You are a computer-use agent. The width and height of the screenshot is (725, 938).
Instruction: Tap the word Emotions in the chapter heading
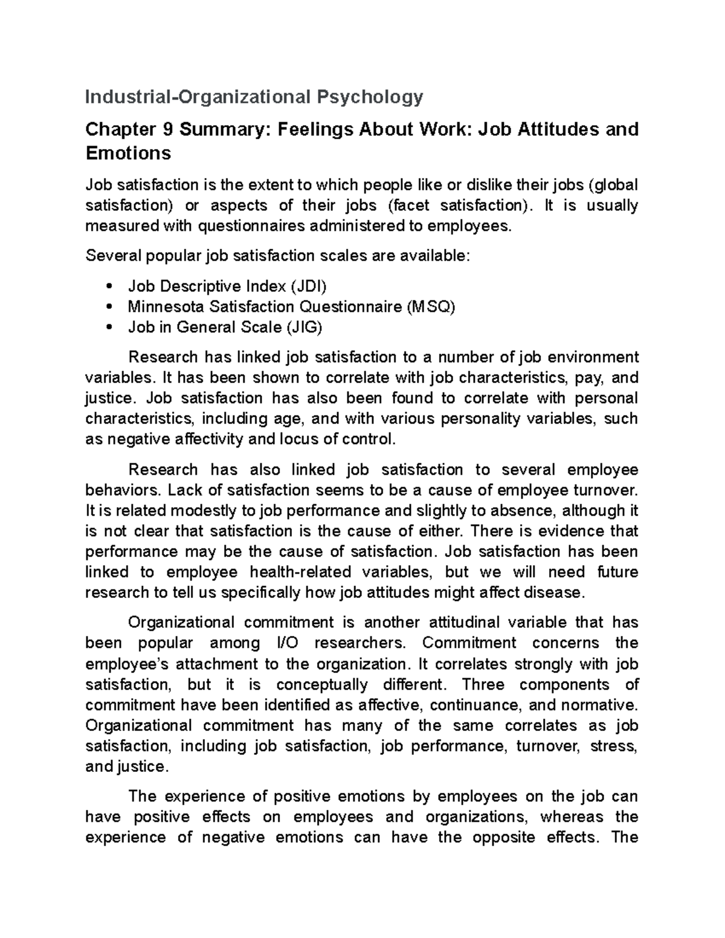pyautogui.click(x=129, y=153)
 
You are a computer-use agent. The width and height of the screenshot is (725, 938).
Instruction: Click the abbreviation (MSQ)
pyautogui.click(x=430, y=307)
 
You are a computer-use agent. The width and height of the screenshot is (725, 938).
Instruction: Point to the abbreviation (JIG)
pyautogui.click(x=304, y=327)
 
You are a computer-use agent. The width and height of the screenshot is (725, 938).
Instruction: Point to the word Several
pyautogui.click(x=112, y=256)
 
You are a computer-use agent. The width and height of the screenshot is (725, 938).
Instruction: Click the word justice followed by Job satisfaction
pyautogui.click(x=106, y=399)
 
